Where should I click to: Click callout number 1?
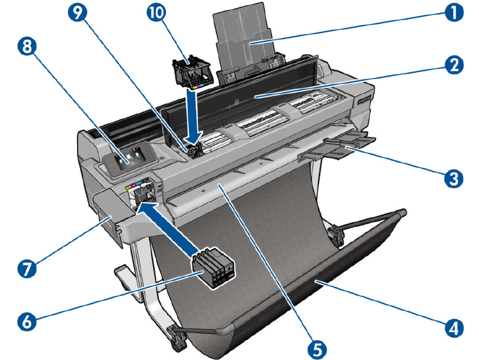pyautogui.click(x=453, y=11)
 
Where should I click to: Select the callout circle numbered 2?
pyautogui.click(x=453, y=66)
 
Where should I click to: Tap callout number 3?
pyautogui.click(x=453, y=177)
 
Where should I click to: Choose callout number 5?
pyautogui.click(x=318, y=348)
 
